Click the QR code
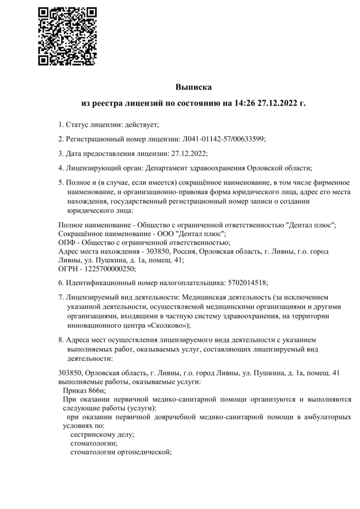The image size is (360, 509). (x=67, y=36)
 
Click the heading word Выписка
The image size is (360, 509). (x=193, y=87)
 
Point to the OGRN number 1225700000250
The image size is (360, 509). (x=109, y=268)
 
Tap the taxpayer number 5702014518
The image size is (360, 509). (x=247, y=283)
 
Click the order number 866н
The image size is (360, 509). (x=99, y=391)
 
